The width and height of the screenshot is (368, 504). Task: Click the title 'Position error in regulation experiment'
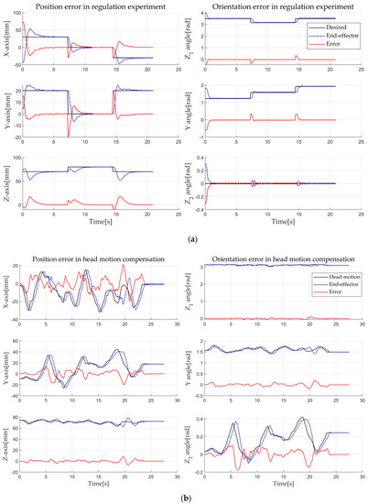pos(92,7)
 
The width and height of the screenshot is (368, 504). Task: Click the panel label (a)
pos(183,237)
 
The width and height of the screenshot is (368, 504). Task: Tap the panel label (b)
pos(183,497)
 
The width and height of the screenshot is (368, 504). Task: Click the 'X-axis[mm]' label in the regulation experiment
pos(6,42)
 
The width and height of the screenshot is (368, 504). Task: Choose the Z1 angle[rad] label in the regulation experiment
pos(193,42)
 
